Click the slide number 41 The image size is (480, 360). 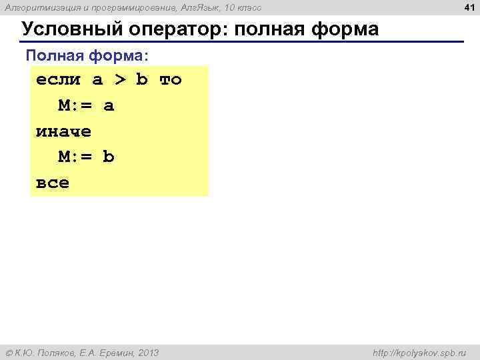coord(468,7)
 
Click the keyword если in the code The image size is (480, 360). coord(58,80)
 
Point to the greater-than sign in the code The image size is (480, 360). coord(119,80)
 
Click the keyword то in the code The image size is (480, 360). coord(170,80)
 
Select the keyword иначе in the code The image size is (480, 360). coord(63,131)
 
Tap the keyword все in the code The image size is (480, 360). coord(52,183)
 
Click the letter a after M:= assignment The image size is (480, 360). coord(109,106)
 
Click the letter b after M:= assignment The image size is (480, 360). coord(109,157)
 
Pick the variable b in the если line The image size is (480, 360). coord(141,80)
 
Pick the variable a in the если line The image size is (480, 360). coord(97,80)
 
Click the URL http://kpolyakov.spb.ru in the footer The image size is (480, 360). coord(418,352)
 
